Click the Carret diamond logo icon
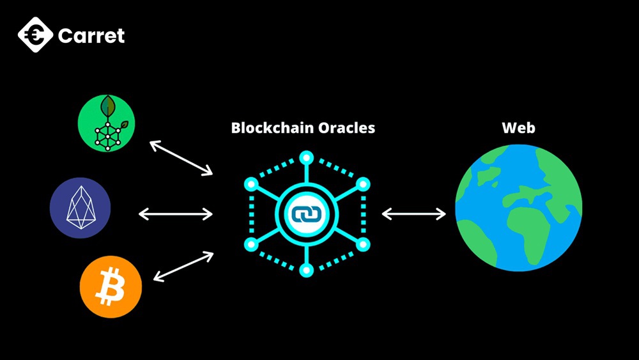[x=35, y=35]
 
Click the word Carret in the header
[x=91, y=36]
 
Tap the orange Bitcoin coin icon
[x=111, y=288]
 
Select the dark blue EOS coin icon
[x=81, y=208]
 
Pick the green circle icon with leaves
[x=107, y=124]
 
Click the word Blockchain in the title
[x=269, y=128]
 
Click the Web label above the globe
[x=518, y=127]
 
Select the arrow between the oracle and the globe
[x=413, y=214]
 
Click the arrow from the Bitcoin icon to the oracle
[x=183, y=267]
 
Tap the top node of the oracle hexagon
[x=307, y=157]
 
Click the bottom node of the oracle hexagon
[x=307, y=270]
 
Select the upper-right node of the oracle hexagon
[x=362, y=185]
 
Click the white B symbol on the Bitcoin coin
[x=110, y=288]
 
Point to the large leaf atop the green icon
[x=107, y=106]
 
